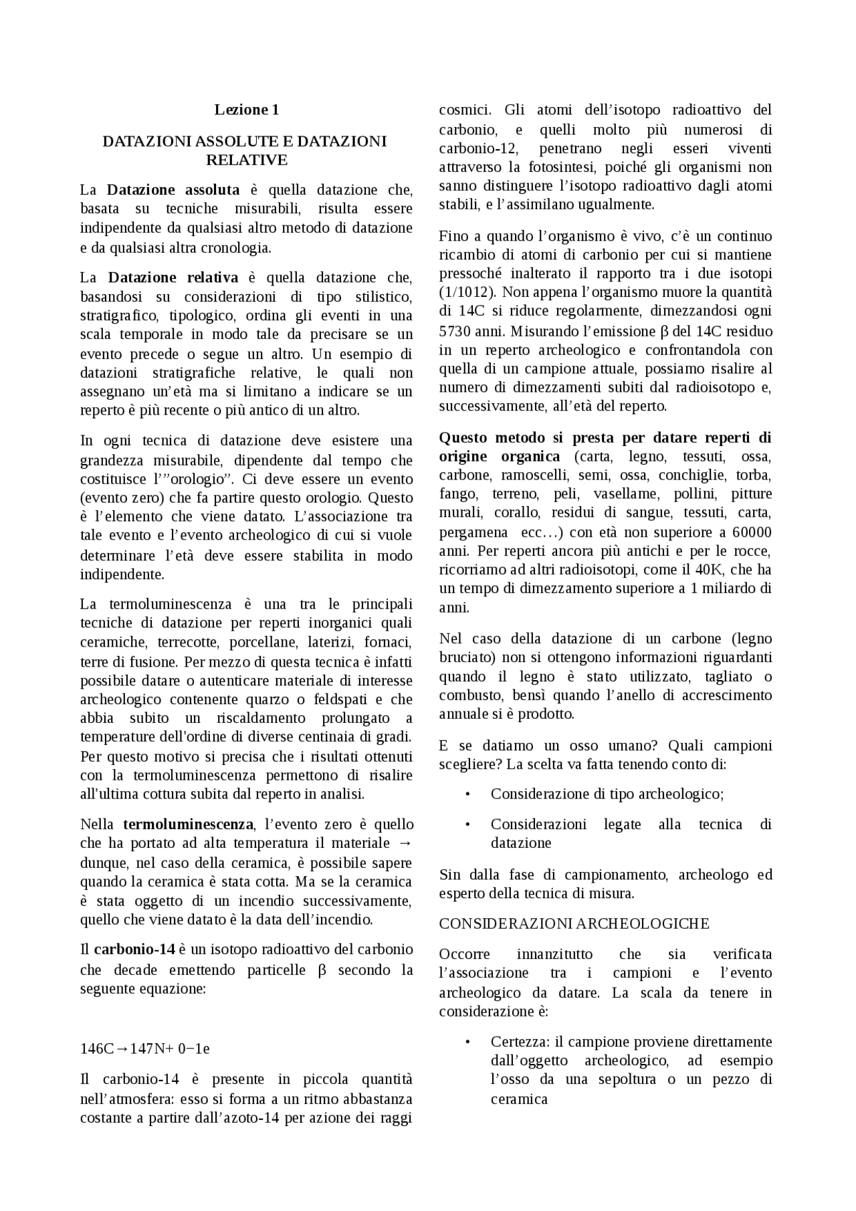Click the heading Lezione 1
point(246,110)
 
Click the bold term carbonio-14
point(134,950)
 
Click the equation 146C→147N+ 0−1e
point(145,1049)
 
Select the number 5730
point(455,331)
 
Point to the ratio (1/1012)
point(467,292)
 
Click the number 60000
point(752,532)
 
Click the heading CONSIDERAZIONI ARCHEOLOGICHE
point(574,923)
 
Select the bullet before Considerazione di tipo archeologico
point(467,794)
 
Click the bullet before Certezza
point(467,1042)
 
